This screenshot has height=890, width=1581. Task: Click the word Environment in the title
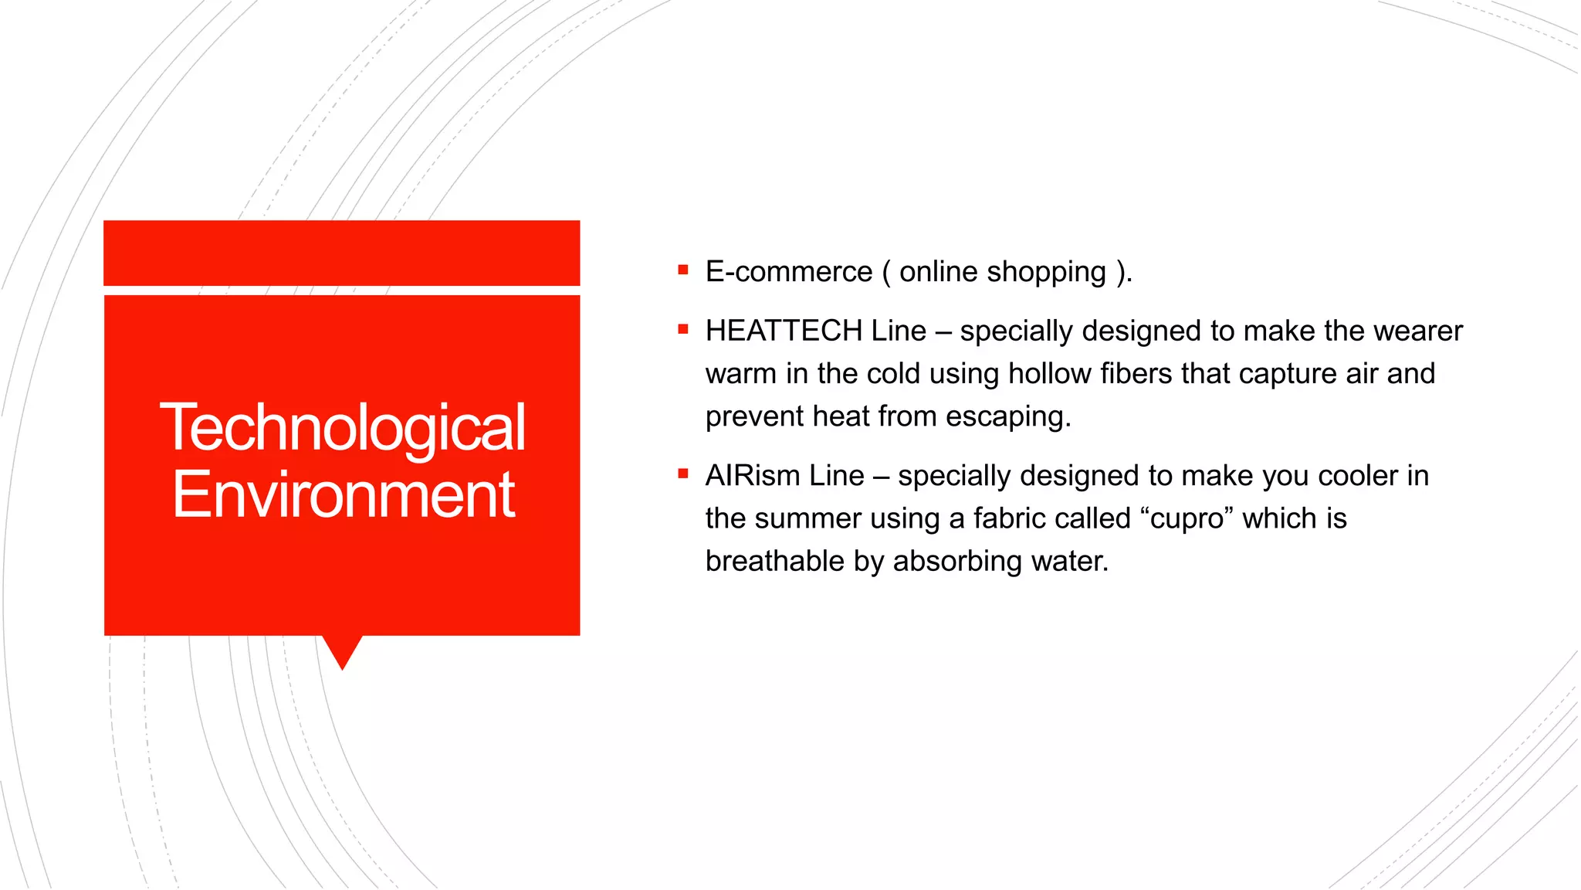[x=343, y=494]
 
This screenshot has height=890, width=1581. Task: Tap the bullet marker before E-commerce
[x=682, y=270]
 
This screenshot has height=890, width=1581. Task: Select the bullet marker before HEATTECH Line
[x=682, y=329]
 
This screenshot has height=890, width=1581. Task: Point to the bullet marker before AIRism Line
[x=682, y=474]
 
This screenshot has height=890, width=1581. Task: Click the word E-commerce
[x=788, y=272]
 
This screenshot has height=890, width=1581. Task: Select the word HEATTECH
[x=783, y=331]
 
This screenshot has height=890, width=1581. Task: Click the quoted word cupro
[x=1187, y=518]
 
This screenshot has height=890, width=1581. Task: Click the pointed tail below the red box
[x=342, y=651]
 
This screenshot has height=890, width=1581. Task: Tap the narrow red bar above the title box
[x=341, y=253]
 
